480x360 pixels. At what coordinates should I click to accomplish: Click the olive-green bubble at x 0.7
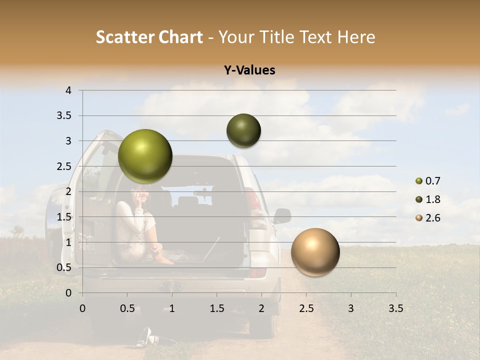[145, 156]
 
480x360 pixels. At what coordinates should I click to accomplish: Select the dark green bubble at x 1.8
[243, 130]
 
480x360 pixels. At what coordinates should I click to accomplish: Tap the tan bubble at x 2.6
[315, 252]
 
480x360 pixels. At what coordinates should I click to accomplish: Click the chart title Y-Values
[249, 70]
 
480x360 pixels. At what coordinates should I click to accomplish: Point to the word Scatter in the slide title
[124, 37]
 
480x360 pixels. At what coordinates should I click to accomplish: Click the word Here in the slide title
[356, 37]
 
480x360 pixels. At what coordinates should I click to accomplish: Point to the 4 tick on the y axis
[69, 90]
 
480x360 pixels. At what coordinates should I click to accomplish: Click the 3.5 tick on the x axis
[395, 308]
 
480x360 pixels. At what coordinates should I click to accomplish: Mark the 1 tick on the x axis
[172, 308]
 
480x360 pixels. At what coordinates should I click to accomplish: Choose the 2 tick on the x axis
[261, 308]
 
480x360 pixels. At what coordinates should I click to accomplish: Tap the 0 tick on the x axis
[82, 308]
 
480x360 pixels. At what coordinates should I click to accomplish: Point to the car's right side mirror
[282, 216]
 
